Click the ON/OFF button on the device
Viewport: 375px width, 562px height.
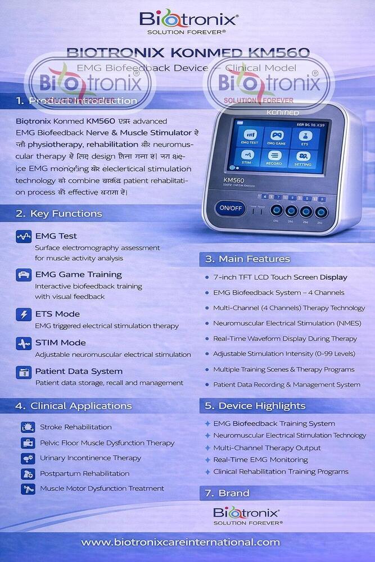tap(231, 208)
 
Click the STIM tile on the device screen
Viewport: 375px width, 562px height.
tap(248, 157)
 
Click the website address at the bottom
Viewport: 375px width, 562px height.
tap(180, 542)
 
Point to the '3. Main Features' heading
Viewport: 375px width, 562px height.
tap(247, 259)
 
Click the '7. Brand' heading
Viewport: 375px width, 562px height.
tap(227, 493)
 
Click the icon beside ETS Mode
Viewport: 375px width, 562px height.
tap(24, 315)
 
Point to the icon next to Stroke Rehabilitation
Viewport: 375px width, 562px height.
tap(28, 427)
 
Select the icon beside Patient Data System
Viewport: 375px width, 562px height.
tap(24, 372)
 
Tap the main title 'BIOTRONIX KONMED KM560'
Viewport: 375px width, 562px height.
tap(188, 53)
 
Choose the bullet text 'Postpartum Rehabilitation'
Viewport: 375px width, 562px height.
tap(84, 473)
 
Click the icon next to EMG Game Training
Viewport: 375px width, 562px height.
tap(24, 275)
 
